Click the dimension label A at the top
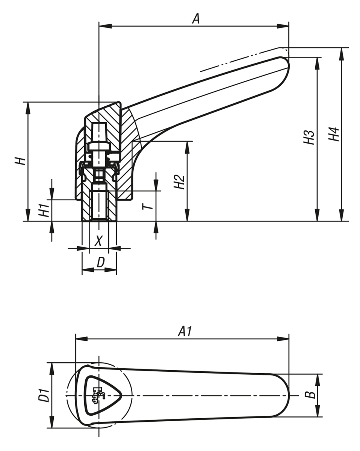tap(196, 18)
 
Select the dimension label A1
tap(185, 331)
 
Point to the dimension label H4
tap(334, 134)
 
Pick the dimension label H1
tap(44, 210)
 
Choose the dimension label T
tap(149, 206)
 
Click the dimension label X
tap(98, 241)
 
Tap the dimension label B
tap(310, 395)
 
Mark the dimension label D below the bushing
tap(100, 263)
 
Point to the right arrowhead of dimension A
tap(284, 26)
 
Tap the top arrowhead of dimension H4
tap(342, 53)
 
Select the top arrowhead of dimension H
tap(28, 107)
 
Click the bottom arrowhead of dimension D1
tap(52, 422)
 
